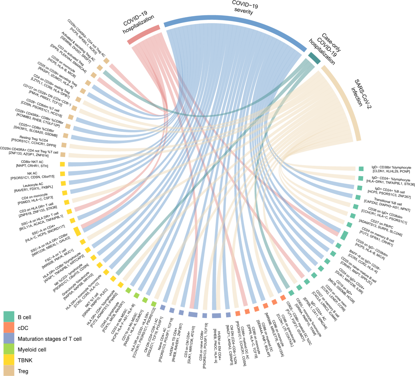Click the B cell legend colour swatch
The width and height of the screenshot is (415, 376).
pyautogui.click(x=9, y=317)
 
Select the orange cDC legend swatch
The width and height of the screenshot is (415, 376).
pyautogui.click(x=9, y=328)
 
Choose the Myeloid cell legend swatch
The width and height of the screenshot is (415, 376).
pyautogui.click(x=9, y=349)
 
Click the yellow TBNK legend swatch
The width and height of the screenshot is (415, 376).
pyautogui.click(x=9, y=360)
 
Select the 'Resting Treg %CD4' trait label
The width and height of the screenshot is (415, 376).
pyautogui.click(x=35, y=138)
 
